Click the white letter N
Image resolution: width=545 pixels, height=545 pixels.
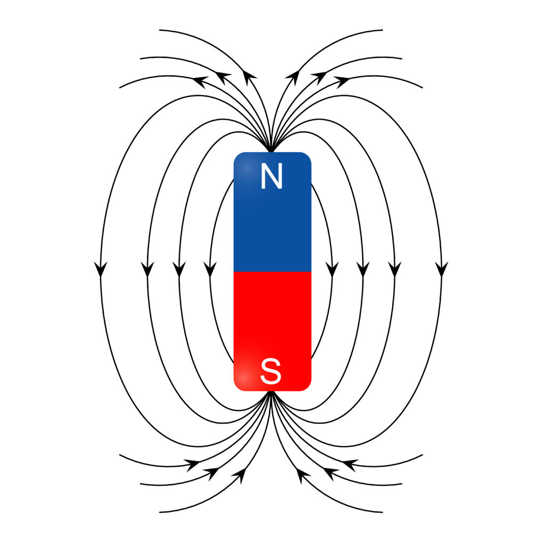point(271,176)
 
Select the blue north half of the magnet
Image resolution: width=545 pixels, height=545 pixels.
point(272,212)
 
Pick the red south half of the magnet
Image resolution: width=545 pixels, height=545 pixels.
point(272,331)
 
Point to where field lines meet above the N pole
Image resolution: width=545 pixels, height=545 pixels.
point(272,151)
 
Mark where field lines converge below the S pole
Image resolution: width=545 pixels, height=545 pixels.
point(272,393)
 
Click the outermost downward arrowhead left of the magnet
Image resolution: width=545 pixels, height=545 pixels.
point(101,269)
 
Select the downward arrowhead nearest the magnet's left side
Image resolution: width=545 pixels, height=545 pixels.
point(210,269)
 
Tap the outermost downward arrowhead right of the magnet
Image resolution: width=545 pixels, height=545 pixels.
point(441,269)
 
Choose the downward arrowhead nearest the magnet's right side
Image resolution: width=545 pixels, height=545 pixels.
point(332,269)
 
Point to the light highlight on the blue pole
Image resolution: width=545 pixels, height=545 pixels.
point(246,169)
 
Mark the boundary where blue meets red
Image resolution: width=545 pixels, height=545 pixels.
point(272,272)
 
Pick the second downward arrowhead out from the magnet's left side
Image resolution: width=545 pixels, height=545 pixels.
point(179,269)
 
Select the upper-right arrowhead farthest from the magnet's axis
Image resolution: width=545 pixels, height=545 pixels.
point(344,81)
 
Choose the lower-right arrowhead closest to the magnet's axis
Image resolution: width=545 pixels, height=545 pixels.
point(302,475)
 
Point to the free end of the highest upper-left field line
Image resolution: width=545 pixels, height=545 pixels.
point(160,30)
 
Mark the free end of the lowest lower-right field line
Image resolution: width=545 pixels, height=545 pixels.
point(382,512)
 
